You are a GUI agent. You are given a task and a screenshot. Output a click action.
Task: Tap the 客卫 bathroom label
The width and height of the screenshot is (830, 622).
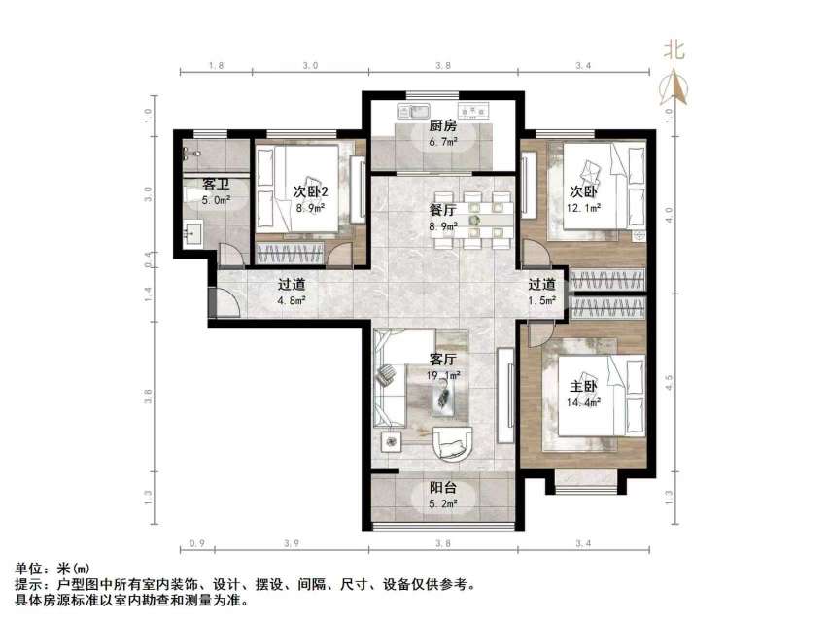(216, 184)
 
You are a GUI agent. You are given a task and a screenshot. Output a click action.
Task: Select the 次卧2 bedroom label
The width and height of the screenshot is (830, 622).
(310, 190)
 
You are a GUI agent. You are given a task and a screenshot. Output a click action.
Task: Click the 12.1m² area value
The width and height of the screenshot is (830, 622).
(584, 207)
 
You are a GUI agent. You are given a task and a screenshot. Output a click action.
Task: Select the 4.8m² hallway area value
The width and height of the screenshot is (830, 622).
(292, 301)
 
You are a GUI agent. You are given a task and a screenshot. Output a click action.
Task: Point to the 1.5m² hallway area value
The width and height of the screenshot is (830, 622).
(542, 301)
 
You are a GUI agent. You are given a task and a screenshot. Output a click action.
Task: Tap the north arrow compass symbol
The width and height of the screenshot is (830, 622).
(674, 87)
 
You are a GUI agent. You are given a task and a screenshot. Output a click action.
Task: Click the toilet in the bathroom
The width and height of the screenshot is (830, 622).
(190, 154)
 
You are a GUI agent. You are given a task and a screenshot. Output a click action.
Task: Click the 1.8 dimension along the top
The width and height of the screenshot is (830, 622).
(216, 65)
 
